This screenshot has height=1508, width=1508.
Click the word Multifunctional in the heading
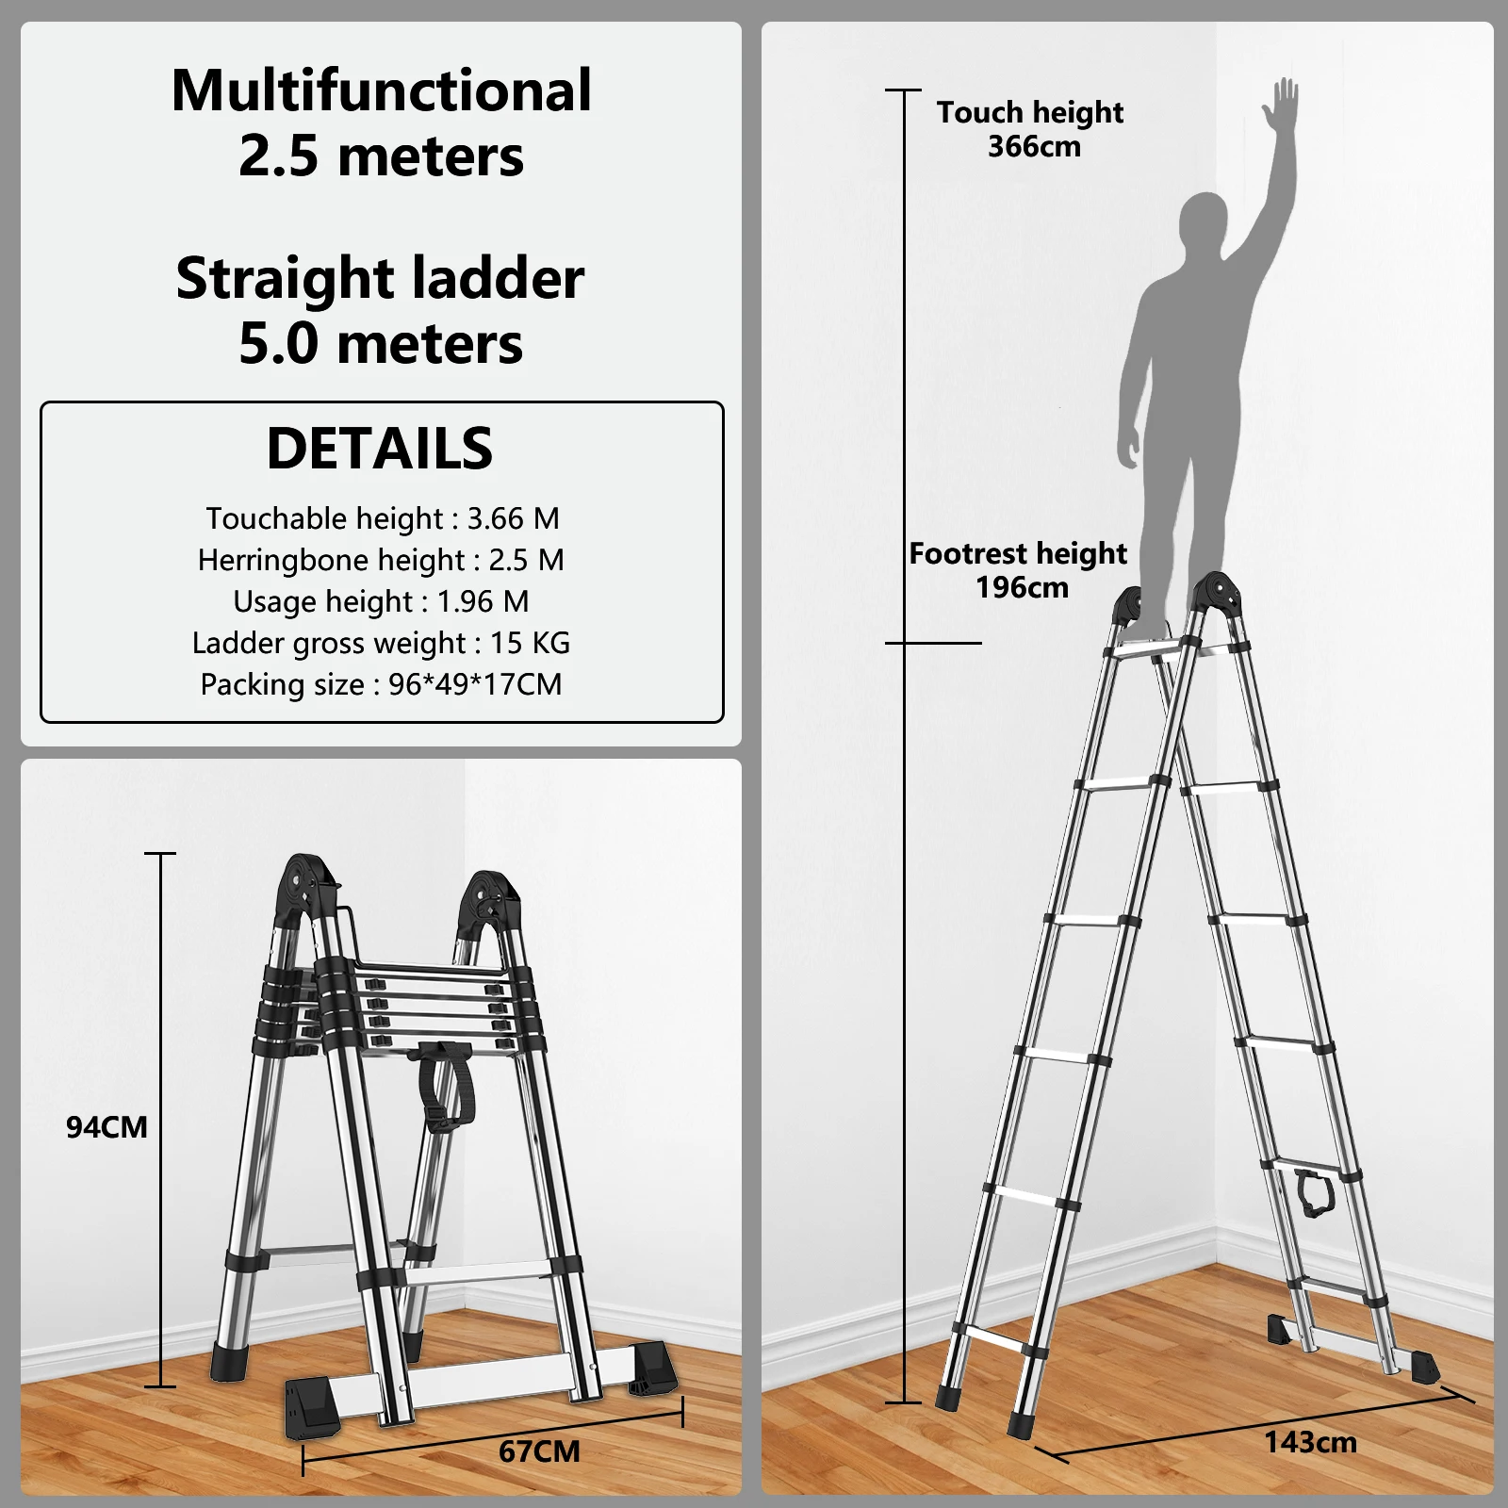[x=382, y=90]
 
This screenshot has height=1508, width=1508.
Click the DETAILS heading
[x=380, y=448]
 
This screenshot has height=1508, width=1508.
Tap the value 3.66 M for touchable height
[x=514, y=518]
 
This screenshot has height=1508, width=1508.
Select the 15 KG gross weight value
[x=530, y=643]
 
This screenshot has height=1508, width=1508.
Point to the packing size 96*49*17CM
[x=475, y=684]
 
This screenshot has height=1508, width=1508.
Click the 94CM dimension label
[x=107, y=1127]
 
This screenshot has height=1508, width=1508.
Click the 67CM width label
[x=539, y=1451]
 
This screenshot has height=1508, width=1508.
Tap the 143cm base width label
[x=1310, y=1442]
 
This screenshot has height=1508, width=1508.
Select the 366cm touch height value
[x=1034, y=147]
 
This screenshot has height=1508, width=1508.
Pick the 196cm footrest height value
[x=1022, y=588]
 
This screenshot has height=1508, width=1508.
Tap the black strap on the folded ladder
[x=443, y=1084]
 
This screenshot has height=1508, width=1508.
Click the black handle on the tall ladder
[x=1313, y=1190]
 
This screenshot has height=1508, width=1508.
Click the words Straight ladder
[x=380, y=279]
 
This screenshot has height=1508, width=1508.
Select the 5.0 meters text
[x=381, y=343]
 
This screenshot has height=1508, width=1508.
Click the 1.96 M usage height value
[x=483, y=601]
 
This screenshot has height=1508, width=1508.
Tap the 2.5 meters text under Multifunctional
[x=381, y=156]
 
